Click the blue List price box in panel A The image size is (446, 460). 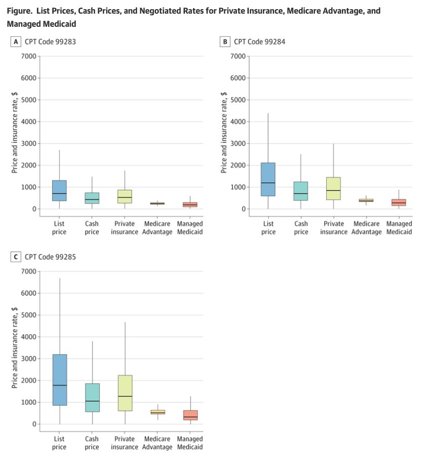tap(59, 191)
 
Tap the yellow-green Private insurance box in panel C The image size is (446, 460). tap(124, 393)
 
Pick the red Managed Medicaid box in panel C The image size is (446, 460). tap(190, 415)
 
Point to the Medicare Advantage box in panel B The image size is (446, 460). tap(366, 201)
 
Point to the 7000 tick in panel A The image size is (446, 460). tap(28, 56)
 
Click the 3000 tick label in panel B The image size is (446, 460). tap(238, 144)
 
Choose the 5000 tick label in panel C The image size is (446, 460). tap(28, 315)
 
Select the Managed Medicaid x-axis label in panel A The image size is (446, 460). tap(190, 228)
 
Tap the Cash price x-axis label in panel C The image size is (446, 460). tap(92, 443)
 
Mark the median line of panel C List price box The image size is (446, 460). tap(59, 385)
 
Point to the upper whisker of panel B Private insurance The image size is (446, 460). tap(334, 161)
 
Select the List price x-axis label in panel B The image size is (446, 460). tap(269, 228)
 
